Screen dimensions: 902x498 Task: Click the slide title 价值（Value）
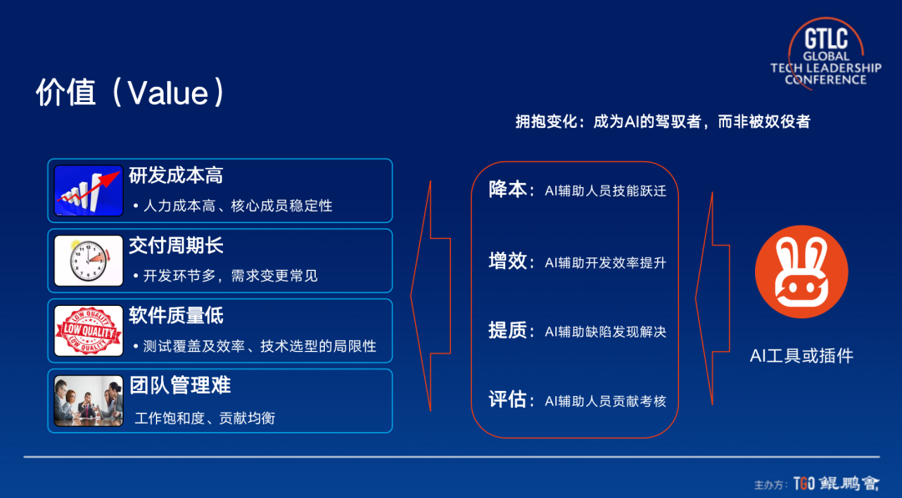click(130, 92)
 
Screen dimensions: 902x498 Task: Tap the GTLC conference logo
click(825, 56)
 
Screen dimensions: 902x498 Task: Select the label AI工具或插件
click(801, 356)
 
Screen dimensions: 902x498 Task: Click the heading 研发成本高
click(175, 175)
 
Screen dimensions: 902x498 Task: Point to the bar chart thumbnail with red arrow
click(89, 190)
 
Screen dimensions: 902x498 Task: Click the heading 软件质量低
click(175, 316)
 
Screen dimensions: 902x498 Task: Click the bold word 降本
click(507, 190)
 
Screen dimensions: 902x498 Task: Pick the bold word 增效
click(507, 261)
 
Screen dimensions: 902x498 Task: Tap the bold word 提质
click(507, 331)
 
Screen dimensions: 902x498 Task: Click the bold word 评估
click(507, 400)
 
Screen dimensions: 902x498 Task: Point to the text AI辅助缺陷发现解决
click(606, 332)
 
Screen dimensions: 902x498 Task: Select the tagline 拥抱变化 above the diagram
click(662, 122)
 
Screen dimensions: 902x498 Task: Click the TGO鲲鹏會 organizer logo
click(834, 484)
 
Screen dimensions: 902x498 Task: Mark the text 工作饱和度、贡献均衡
click(205, 417)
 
